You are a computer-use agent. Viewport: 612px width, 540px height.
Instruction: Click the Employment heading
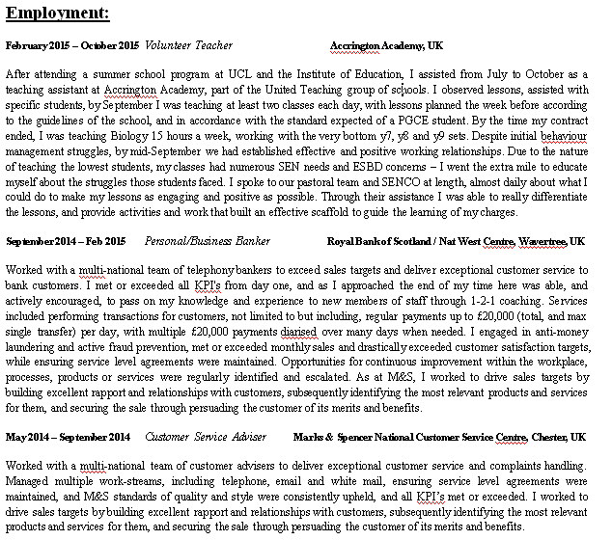tap(57, 13)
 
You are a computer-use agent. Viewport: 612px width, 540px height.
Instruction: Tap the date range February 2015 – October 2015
tap(72, 45)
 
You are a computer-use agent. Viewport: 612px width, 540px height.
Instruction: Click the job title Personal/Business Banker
tap(207, 240)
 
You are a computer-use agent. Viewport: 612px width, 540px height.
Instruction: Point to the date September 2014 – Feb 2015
tap(66, 240)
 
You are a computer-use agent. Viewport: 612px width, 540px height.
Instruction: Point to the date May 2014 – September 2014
tap(68, 437)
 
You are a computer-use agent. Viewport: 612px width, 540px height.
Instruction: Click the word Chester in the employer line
tap(545, 437)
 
